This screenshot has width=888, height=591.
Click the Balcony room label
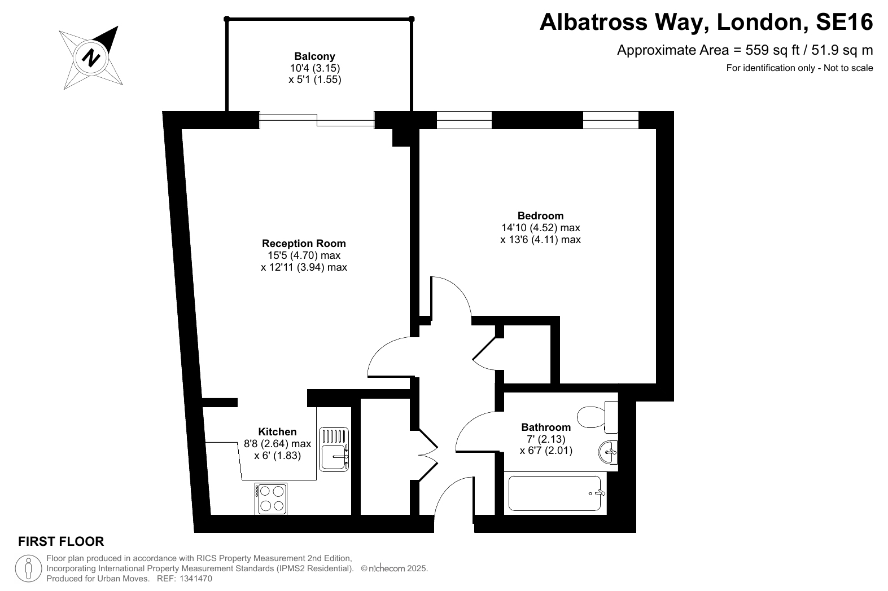click(x=315, y=56)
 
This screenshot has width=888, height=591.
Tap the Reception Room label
click(x=304, y=243)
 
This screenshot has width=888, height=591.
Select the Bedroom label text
click(x=540, y=216)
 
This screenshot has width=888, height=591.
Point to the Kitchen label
click(x=278, y=432)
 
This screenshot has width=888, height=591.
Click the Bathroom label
click(x=546, y=427)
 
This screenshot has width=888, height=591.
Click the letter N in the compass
click(x=91, y=58)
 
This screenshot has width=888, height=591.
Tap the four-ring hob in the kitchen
click(x=271, y=499)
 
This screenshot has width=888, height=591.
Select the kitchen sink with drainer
click(x=334, y=449)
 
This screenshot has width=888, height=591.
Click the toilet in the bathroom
click(x=597, y=417)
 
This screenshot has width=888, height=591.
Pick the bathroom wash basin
click(x=608, y=452)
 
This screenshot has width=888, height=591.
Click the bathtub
click(x=555, y=493)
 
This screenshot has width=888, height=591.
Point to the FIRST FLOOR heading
click(x=61, y=541)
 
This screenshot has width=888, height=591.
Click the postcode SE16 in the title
click(x=845, y=22)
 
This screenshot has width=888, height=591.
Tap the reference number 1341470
click(x=196, y=579)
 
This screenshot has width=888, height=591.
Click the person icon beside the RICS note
click(x=29, y=568)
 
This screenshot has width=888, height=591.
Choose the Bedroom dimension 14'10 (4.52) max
click(x=541, y=228)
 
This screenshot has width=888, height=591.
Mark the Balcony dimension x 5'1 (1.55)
click(x=315, y=80)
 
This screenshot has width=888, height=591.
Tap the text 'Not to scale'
click(x=848, y=68)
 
